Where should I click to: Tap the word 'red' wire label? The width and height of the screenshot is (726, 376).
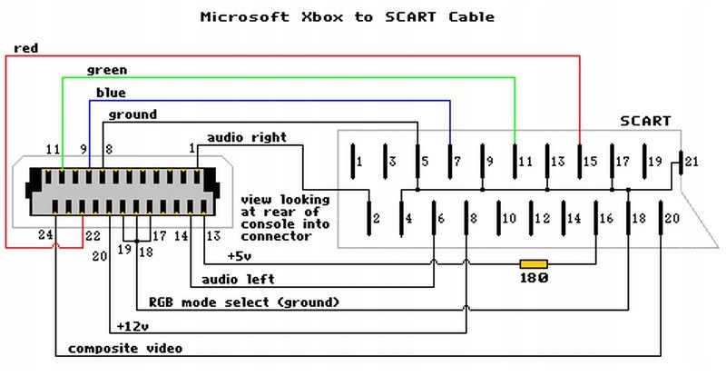(x=25, y=48)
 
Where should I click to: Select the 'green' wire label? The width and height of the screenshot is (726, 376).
(x=106, y=70)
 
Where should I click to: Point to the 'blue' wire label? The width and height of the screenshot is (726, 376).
(x=111, y=93)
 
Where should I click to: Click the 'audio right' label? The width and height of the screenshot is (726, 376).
(x=247, y=137)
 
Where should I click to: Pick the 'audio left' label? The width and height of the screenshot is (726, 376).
(x=238, y=279)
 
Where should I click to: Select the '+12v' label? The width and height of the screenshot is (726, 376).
(x=134, y=325)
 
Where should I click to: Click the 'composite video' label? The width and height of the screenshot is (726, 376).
(x=125, y=348)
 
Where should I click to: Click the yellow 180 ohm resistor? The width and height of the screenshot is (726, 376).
(x=533, y=263)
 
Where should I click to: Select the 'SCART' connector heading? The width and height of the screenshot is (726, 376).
(x=645, y=120)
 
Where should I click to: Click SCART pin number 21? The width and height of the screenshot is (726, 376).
(x=692, y=162)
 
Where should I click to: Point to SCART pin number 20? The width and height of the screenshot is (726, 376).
(x=672, y=218)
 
